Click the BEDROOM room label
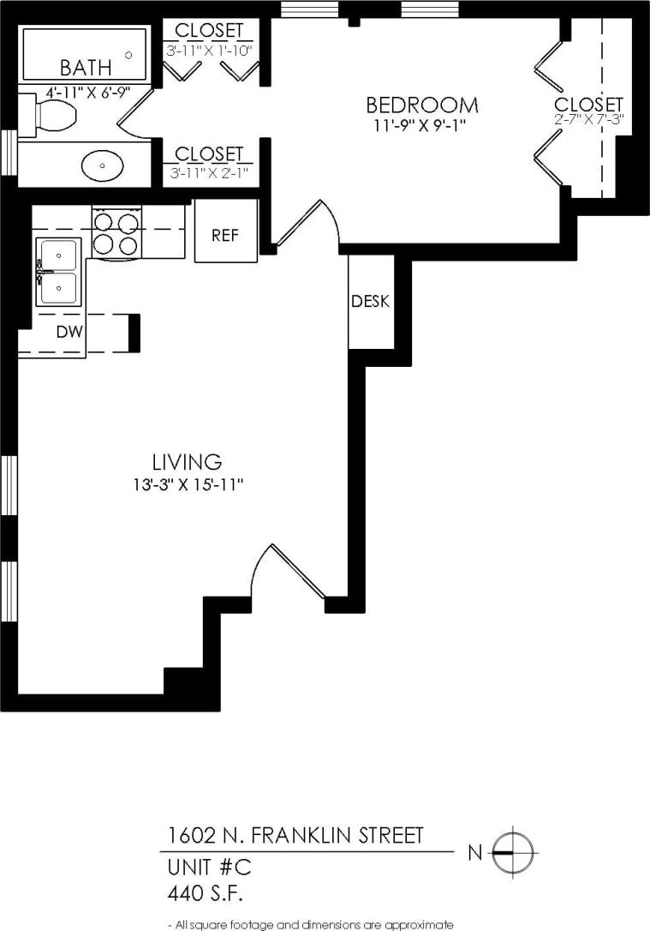click(x=421, y=105)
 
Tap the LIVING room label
click(x=187, y=463)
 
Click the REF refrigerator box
click(x=225, y=232)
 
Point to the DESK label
click(x=370, y=302)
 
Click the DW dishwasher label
click(x=69, y=333)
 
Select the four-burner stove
click(x=116, y=233)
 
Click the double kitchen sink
click(x=58, y=273)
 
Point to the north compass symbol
click(x=511, y=852)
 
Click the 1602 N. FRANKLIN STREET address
click(x=295, y=836)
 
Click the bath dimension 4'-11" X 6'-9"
click(x=75, y=92)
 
